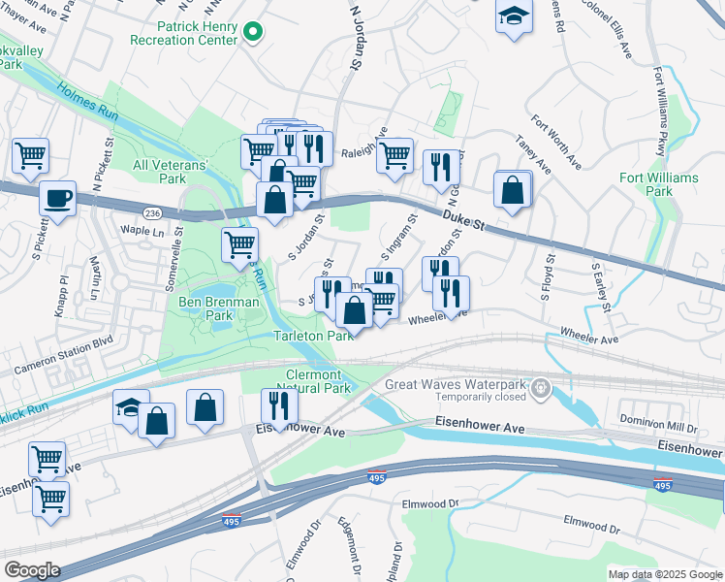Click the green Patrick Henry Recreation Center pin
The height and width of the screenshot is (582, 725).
pos(253,33)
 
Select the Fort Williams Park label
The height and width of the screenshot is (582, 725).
pos(658,184)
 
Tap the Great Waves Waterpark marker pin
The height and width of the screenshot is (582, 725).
pos(541,390)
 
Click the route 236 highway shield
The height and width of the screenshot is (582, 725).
pos(152,213)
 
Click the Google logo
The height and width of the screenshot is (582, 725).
pos(32,570)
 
